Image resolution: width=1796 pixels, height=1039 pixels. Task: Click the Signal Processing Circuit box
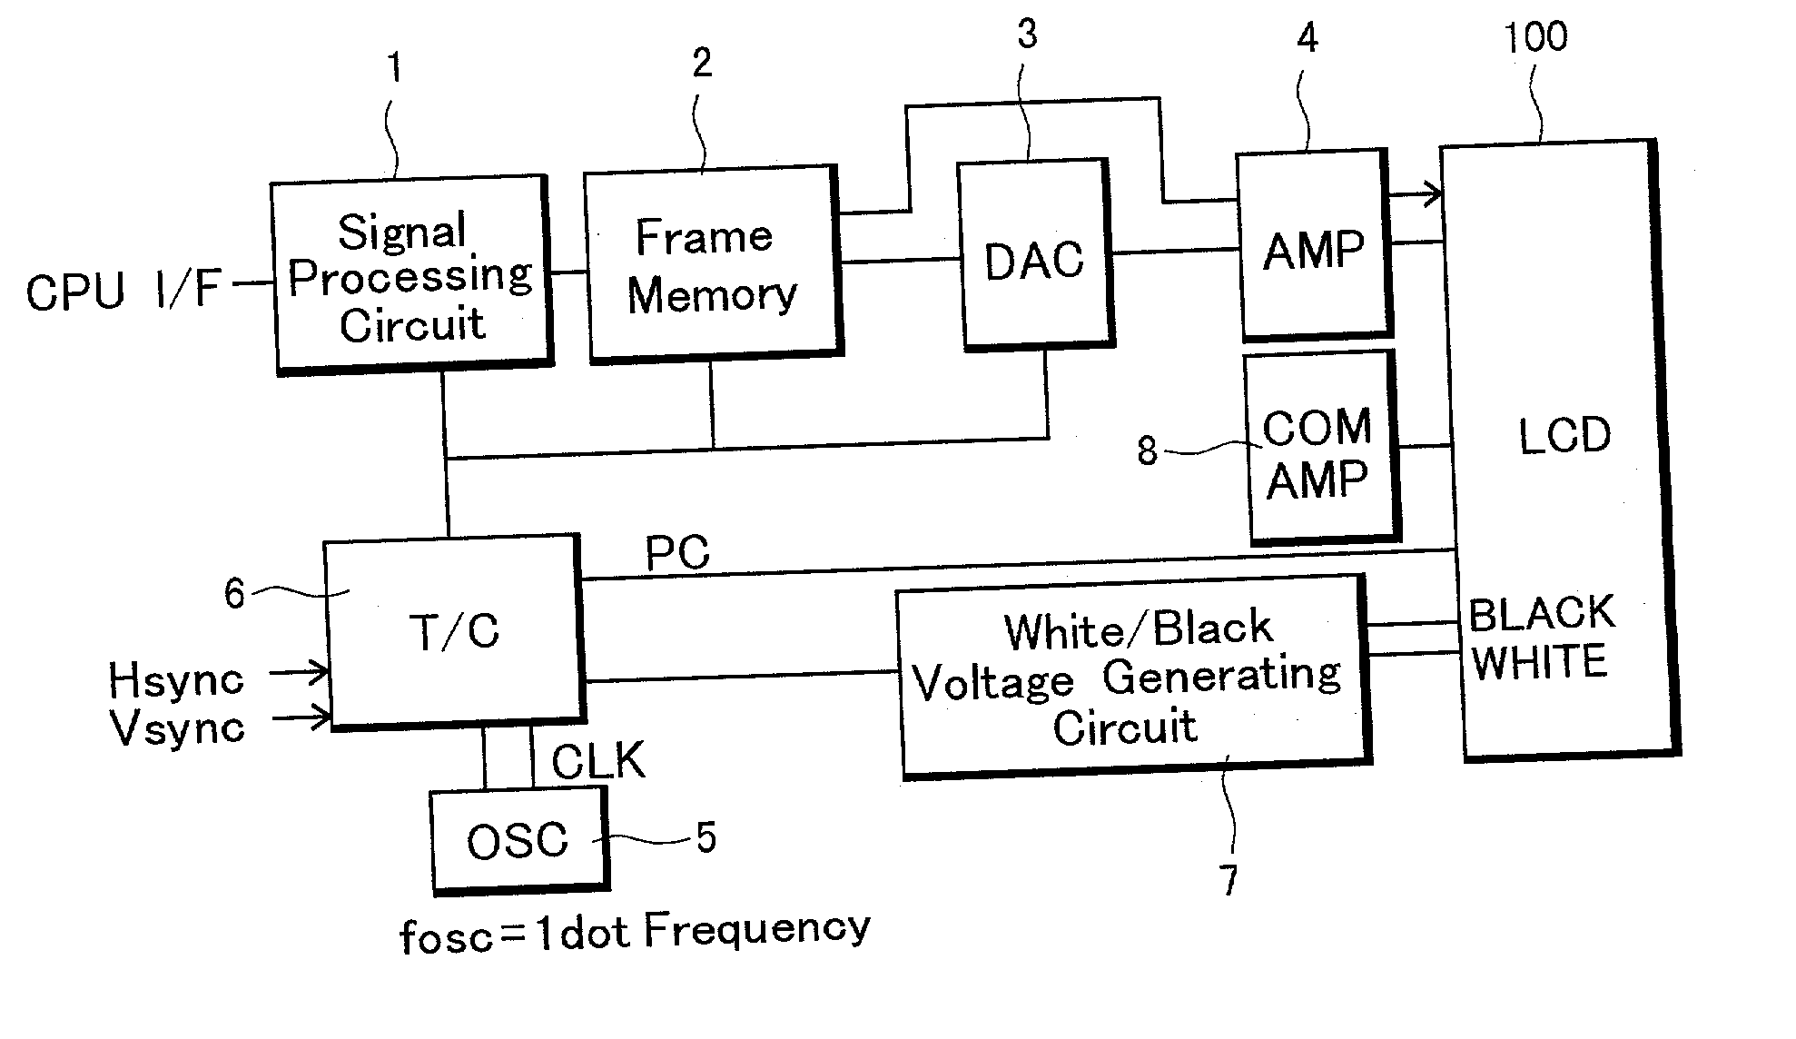(412, 274)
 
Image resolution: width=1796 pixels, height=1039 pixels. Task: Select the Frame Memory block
(713, 264)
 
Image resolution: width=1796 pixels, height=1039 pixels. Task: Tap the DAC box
(1036, 255)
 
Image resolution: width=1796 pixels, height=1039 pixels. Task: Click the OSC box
(518, 840)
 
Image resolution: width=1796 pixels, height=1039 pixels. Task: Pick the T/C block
(454, 632)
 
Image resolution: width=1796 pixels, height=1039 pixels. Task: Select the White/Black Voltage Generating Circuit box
(1133, 677)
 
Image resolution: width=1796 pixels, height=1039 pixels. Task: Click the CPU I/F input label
(123, 292)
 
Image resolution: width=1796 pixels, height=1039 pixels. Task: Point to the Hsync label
(176, 678)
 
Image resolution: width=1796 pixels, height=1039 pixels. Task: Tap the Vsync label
(177, 727)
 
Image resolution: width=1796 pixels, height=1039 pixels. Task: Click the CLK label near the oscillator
(598, 760)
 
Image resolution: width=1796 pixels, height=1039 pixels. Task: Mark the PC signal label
(677, 552)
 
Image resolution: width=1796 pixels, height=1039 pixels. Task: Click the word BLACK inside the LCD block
(1542, 614)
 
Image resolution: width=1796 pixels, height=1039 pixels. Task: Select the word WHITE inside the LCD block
(1539, 662)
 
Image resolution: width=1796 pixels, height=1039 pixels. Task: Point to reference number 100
(1535, 37)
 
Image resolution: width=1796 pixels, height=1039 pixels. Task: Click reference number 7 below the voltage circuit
(1229, 879)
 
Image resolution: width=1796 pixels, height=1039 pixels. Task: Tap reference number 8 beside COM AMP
(1148, 450)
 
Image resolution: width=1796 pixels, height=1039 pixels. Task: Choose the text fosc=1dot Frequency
(635, 932)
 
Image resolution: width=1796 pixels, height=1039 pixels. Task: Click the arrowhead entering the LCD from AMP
(1432, 193)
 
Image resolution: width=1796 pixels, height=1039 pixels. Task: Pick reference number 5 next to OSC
(706, 837)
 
